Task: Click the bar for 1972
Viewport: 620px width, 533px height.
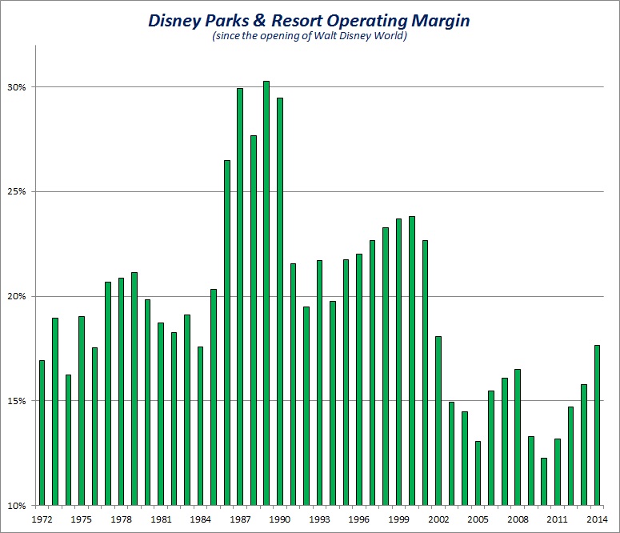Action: click(x=42, y=432)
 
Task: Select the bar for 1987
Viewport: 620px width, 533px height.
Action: click(x=240, y=296)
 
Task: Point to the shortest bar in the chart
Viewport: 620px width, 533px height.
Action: click(x=544, y=481)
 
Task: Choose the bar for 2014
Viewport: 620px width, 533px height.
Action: click(x=597, y=425)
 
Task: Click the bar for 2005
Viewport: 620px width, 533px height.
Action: click(x=478, y=473)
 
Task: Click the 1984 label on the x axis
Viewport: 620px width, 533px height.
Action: click(x=200, y=519)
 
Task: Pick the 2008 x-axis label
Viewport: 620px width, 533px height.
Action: click(x=518, y=519)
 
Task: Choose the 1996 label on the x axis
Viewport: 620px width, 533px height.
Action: click(x=359, y=519)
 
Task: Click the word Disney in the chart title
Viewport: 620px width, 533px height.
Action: click(x=181, y=21)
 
